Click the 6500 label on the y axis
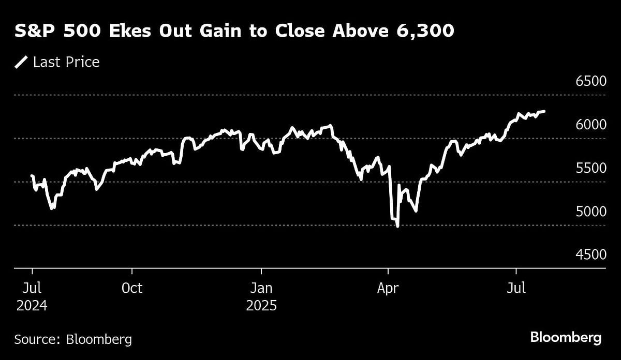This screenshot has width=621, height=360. [x=590, y=82]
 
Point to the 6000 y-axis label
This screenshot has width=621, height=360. [x=590, y=125]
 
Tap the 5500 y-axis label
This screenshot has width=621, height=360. [x=590, y=168]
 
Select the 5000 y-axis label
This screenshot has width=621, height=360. [x=590, y=212]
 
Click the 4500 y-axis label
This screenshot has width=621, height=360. [x=590, y=254]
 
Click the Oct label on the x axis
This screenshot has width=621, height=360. [x=132, y=288]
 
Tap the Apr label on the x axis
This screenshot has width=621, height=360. [x=388, y=288]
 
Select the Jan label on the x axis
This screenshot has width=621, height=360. [x=261, y=288]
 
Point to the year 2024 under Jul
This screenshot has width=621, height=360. [x=32, y=305]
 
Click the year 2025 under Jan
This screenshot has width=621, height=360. [x=261, y=305]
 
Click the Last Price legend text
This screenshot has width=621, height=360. [x=66, y=63]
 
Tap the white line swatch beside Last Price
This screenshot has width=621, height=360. [x=22, y=63]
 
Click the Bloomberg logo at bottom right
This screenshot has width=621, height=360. [x=566, y=338]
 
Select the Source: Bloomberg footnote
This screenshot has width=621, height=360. [x=73, y=339]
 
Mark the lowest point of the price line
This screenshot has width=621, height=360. [x=397, y=226]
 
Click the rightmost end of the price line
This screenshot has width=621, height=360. [x=544, y=111]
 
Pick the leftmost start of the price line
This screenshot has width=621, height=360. [x=32, y=176]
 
